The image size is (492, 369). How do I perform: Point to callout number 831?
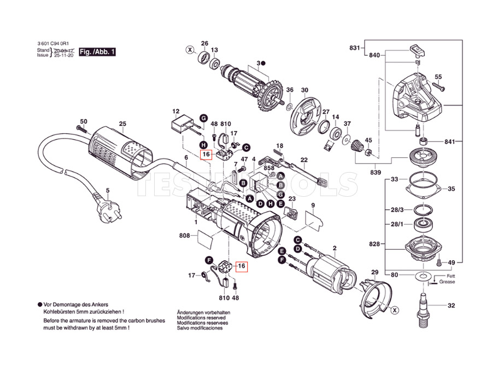click(x=355, y=48)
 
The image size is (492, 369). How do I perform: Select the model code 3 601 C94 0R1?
click(x=53, y=43)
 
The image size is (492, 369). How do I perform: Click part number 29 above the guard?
click(x=374, y=272)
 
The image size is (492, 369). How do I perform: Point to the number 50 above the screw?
click(x=84, y=121)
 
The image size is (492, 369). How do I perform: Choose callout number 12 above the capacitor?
click(x=176, y=111)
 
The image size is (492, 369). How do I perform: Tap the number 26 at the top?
click(x=204, y=43)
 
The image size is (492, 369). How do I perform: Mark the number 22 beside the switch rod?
click(x=304, y=160)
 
